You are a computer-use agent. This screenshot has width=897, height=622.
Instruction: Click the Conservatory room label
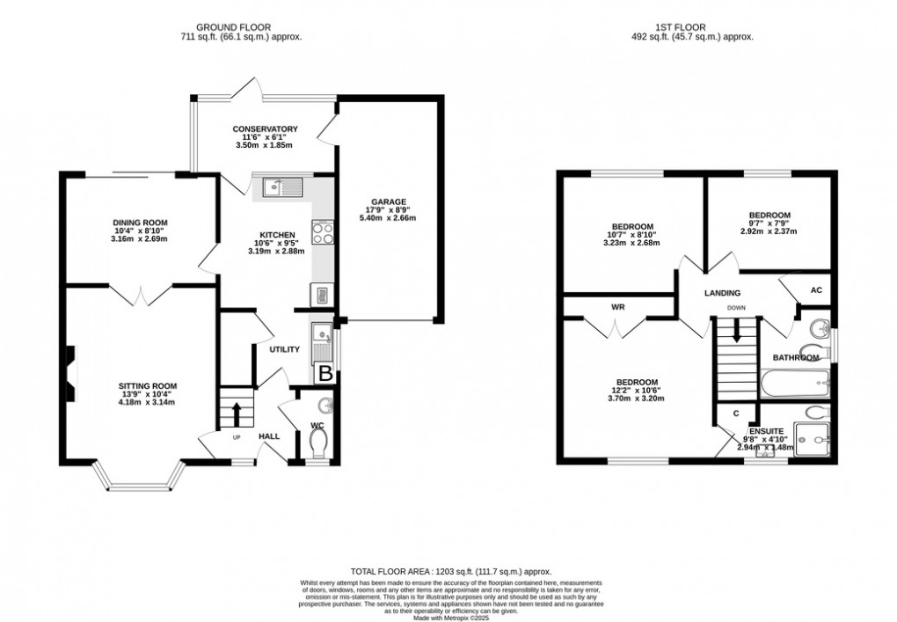tap(265, 129)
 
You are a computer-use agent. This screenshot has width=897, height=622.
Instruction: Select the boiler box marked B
tap(325, 373)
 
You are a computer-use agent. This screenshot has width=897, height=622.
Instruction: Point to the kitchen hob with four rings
tap(324, 233)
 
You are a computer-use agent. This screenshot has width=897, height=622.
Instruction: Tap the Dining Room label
tap(140, 223)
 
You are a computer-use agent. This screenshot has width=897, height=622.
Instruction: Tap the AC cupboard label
tap(815, 290)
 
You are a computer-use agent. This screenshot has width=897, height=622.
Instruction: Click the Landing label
tap(721, 293)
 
